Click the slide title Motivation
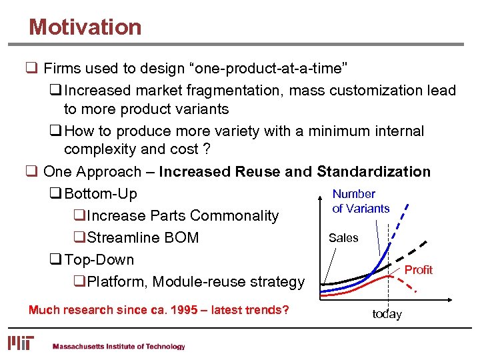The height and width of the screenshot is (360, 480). (85, 27)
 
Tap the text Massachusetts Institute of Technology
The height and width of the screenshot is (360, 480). (119, 347)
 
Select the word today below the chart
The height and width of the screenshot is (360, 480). (387, 314)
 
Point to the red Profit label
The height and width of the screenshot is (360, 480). (419, 270)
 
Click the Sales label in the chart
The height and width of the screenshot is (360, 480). (343, 238)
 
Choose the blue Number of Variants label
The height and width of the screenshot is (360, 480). (361, 201)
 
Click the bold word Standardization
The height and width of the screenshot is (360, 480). (373, 172)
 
